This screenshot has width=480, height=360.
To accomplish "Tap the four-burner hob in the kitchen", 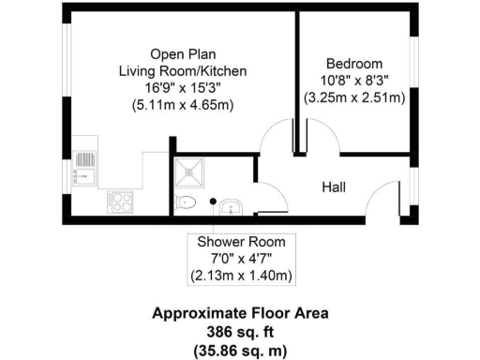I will click(121, 199).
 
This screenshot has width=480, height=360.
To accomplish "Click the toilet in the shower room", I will click(185, 202).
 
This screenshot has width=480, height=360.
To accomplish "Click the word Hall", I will click(334, 187).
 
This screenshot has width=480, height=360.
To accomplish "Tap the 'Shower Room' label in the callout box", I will click(241, 242).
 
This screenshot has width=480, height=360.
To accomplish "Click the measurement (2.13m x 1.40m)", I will click(241, 276).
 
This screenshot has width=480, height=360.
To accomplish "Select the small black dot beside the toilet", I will click(214, 201).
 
